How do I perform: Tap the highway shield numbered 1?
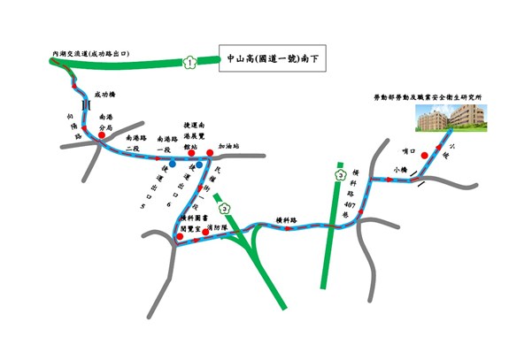(189, 62)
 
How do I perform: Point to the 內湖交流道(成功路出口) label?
(91, 53)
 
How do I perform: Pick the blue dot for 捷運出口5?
(174, 164)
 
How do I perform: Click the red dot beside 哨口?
(425, 157)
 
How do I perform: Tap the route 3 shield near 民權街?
(226, 209)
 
